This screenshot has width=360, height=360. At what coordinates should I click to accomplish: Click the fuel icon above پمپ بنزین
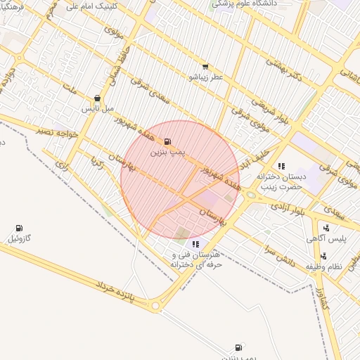pos(167,141)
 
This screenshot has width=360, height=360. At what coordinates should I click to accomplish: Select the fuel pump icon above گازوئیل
pos(18,228)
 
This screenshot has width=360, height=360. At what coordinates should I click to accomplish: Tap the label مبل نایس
pos(98,109)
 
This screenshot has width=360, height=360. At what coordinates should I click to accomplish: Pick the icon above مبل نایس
pos(97,98)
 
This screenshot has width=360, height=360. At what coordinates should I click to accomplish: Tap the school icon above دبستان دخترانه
pos(281,167)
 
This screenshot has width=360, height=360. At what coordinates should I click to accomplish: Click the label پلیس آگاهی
pos(325,239)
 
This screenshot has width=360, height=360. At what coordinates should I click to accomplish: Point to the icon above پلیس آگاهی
pos(326,228)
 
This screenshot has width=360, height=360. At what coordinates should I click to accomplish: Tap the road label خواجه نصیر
pos(56,131)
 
